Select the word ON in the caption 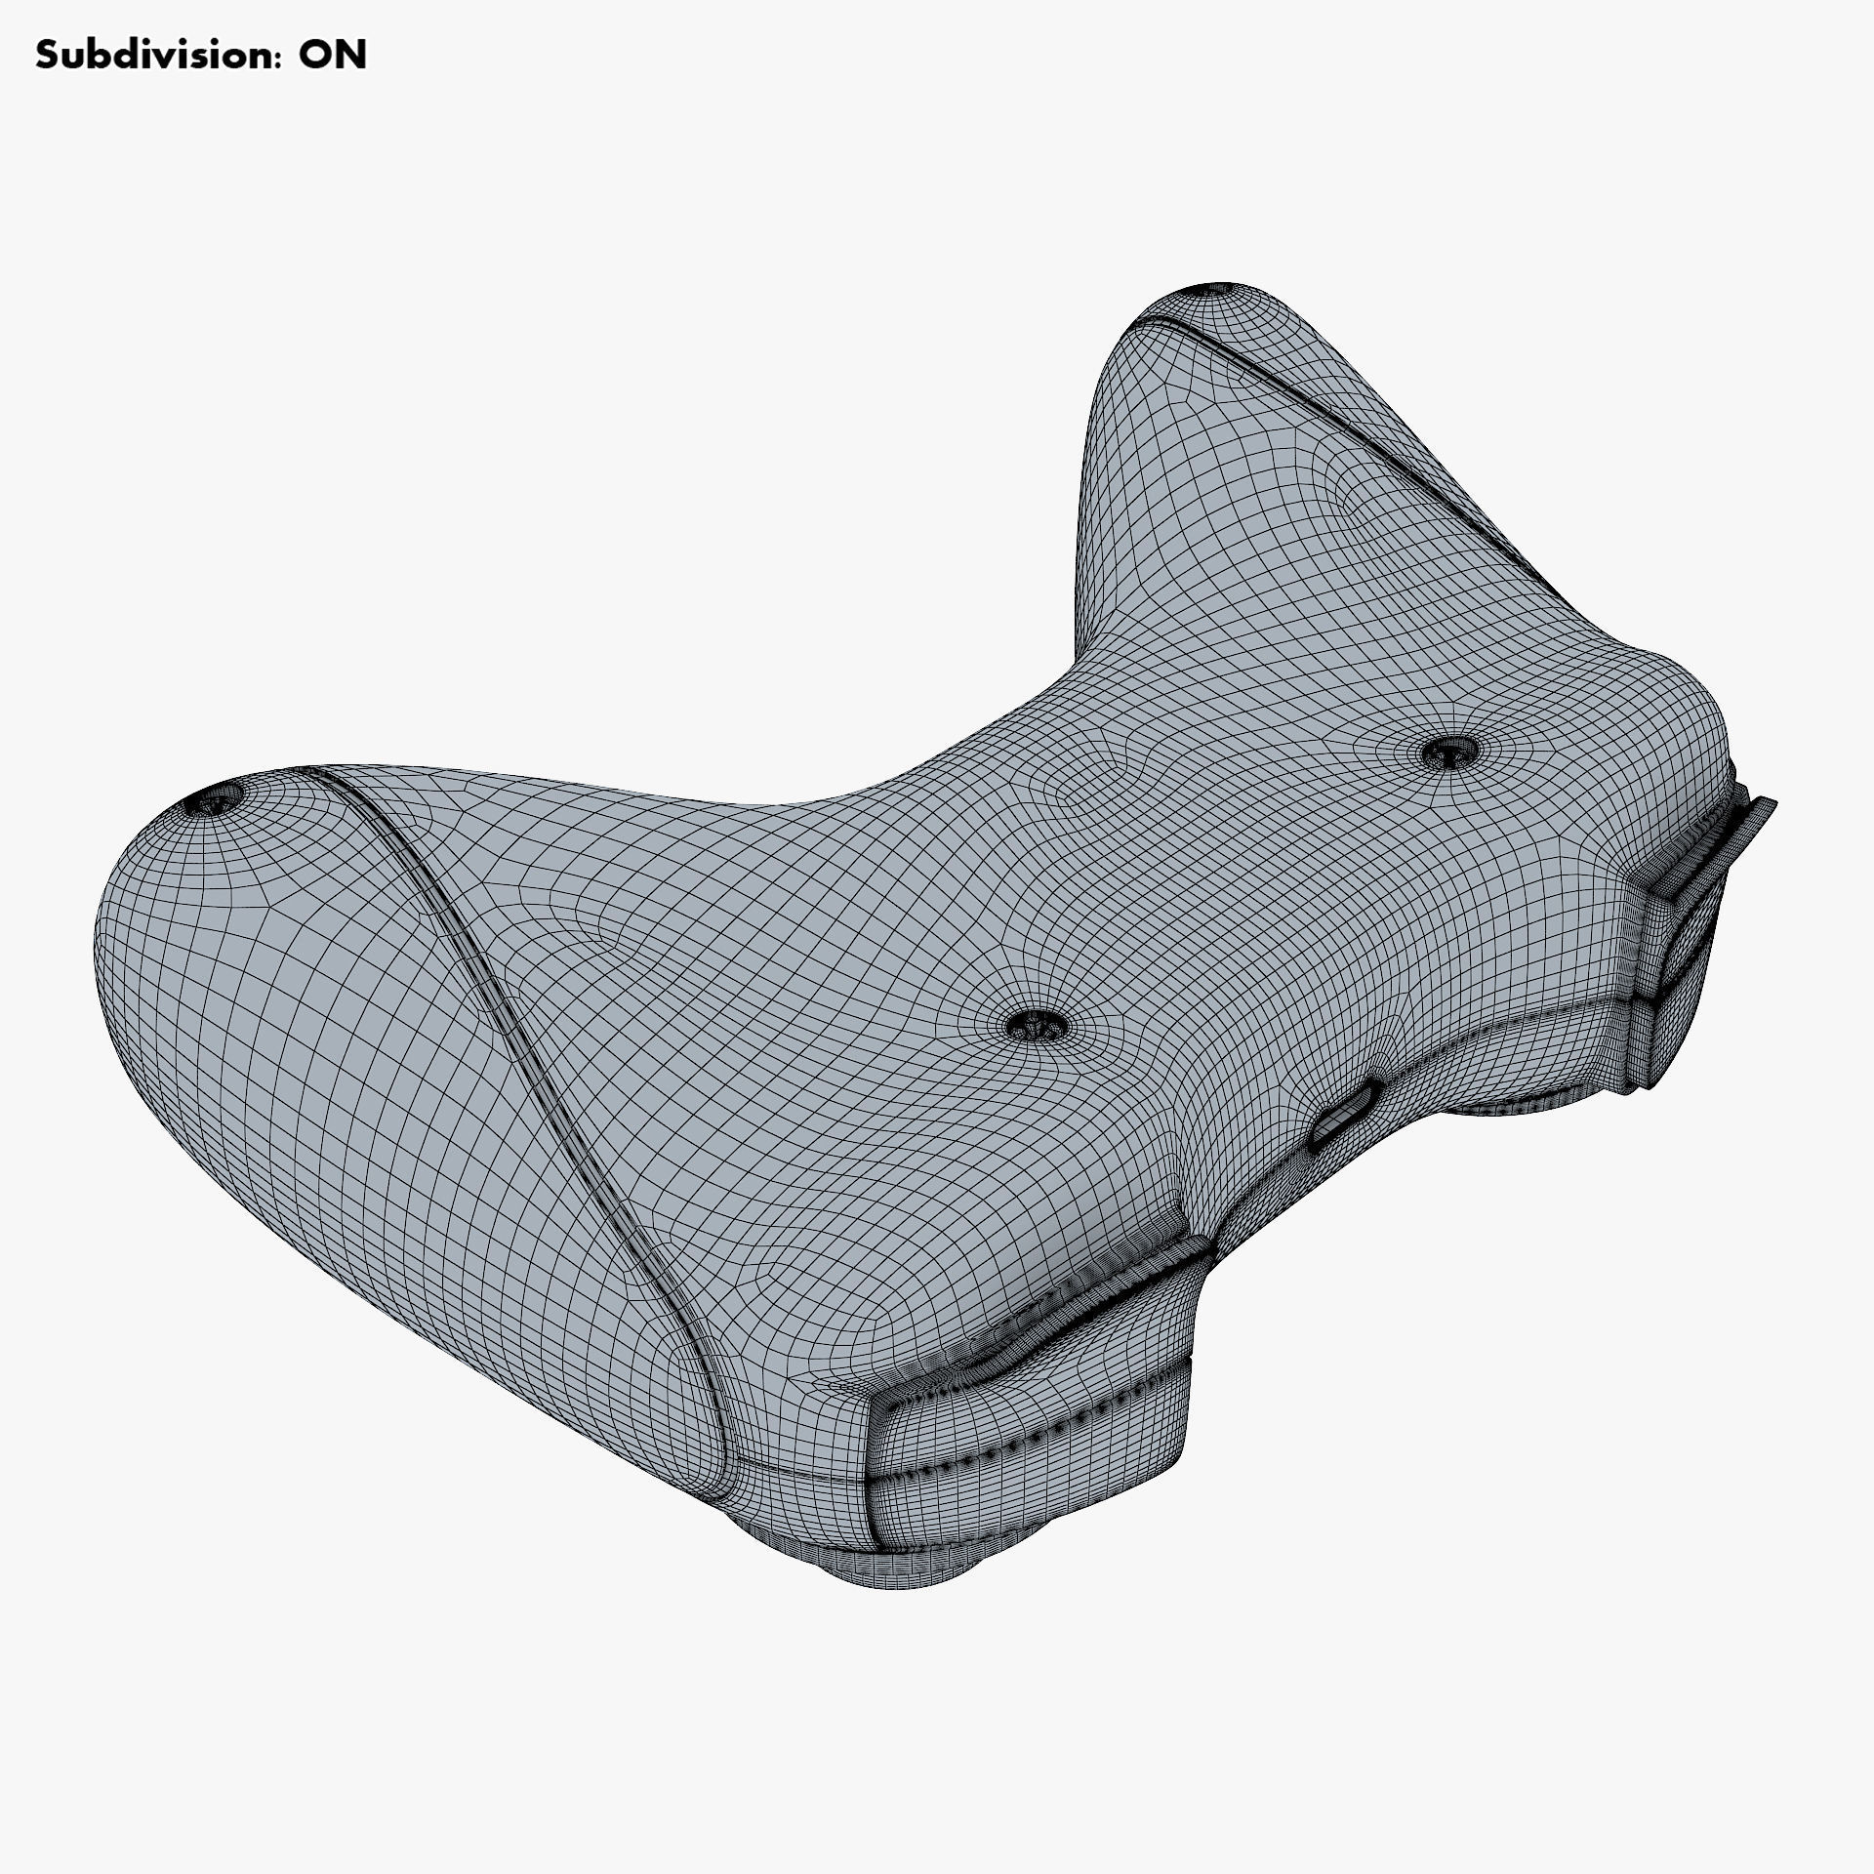tap(332, 56)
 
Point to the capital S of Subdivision tap(47, 56)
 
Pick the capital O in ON tap(314, 56)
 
